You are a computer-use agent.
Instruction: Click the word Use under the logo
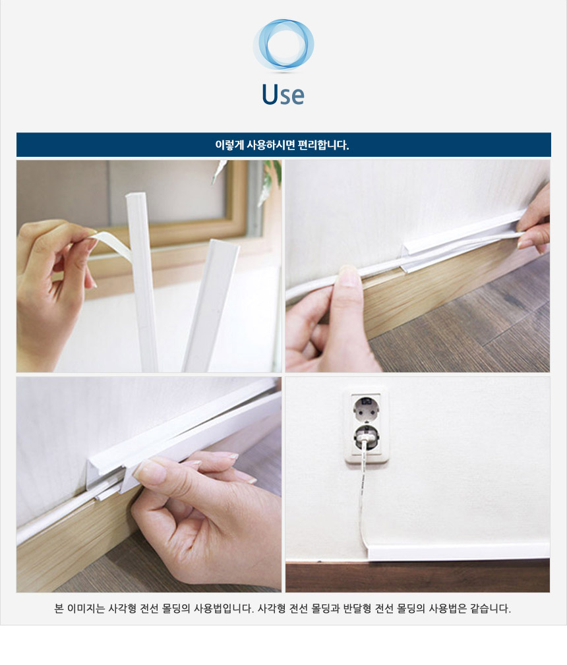tap(283, 94)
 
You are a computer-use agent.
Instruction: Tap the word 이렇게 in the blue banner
tap(229, 145)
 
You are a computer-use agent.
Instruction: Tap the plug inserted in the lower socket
tap(366, 438)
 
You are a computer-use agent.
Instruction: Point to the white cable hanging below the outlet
tap(363, 500)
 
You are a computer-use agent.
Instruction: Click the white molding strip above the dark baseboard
tap(458, 552)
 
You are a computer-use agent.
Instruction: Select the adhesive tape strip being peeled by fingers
tap(111, 243)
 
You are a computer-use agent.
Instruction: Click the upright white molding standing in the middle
tap(142, 281)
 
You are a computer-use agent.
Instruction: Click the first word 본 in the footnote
tap(59, 608)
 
